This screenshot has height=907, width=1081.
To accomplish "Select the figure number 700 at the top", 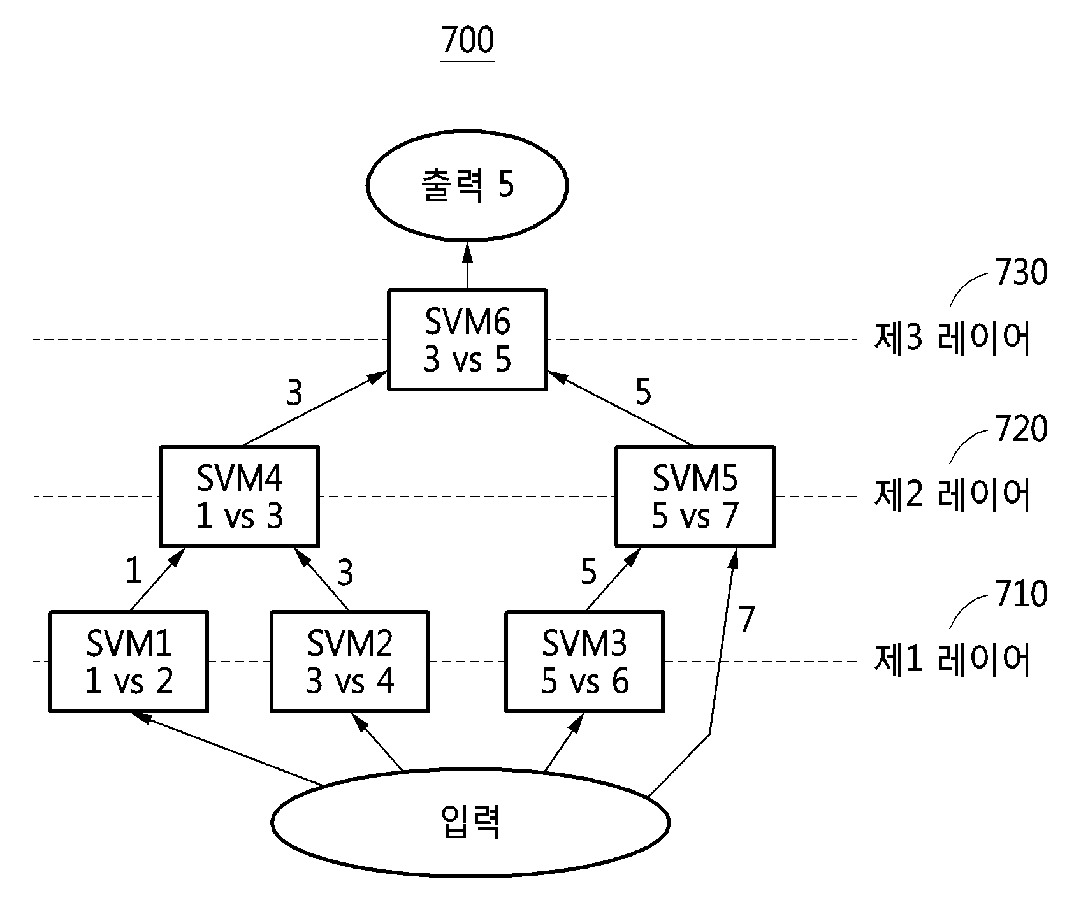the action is [x=467, y=41].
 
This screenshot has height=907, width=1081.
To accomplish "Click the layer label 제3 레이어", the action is [x=952, y=338].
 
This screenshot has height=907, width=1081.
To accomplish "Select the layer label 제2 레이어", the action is [x=952, y=495].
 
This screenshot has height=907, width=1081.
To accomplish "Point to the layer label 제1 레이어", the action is [x=952, y=660].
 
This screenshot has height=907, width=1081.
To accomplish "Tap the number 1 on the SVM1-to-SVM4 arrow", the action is [x=133, y=572].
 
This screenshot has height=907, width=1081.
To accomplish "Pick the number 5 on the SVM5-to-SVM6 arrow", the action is [x=644, y=393].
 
